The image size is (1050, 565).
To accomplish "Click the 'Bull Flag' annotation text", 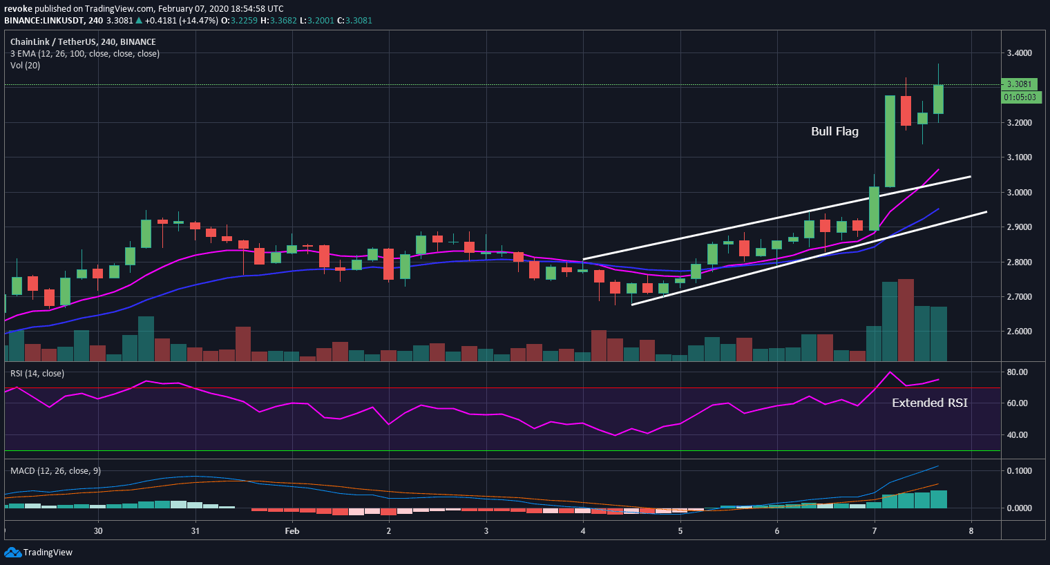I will point(834,131).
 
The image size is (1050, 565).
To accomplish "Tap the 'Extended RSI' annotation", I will point(929,403).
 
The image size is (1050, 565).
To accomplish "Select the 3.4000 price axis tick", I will point(1019,53).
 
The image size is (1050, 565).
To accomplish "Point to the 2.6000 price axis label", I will point(1019,332).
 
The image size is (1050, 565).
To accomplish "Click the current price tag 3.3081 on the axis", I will point(1019,84).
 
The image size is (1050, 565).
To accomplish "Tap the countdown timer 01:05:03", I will point(1020,97).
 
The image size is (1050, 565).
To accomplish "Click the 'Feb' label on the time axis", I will point(292,531).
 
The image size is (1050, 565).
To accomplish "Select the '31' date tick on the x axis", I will point(195,531).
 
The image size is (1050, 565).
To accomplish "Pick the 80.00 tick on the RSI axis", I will point(1018,372).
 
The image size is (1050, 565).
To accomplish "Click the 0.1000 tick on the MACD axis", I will point(1019,471).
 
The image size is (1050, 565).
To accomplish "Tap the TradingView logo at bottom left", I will point(39,553).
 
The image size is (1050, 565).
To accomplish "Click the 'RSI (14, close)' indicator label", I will point(37,374).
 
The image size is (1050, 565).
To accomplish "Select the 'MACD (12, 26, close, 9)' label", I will point(55,471).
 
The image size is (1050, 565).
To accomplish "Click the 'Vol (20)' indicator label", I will point(25,66).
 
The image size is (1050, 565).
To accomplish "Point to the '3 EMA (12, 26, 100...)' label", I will point(84,54).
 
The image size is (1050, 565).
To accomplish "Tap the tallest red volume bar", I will point(906,320).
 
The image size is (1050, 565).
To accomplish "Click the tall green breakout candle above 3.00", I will point(890,141).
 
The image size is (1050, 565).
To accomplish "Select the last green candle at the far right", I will point(938,99).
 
